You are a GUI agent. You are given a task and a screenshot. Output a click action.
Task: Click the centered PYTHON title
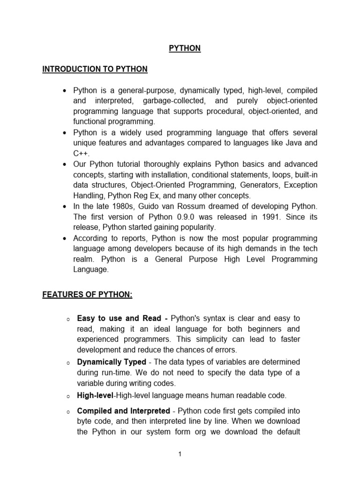click(x=185, y=48)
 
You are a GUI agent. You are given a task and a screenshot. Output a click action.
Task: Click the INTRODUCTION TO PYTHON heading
click(x=95, y=69)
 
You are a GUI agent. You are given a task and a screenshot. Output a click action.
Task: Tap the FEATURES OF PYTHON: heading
click(x=87, y=295)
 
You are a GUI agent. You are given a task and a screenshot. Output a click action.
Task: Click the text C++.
click(x=81, y=153)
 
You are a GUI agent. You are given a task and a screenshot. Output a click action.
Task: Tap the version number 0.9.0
click(x=168, y=217)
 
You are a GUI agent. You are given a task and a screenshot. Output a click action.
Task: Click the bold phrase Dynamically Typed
click(x=112, y=362)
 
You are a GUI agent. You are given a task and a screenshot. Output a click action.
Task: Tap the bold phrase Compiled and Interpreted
click(x=123, y=411)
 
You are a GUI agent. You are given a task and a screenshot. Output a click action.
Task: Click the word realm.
click(x=83, y=259)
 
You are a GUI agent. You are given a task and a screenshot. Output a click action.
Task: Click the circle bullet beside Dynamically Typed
click(x=67, y=363)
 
